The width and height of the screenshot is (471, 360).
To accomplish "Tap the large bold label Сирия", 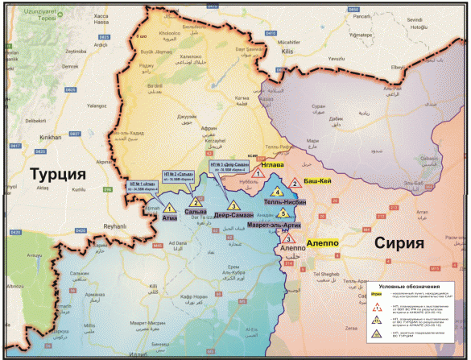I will pos(399,243).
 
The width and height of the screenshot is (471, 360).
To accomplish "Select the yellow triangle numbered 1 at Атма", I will pos(170,209).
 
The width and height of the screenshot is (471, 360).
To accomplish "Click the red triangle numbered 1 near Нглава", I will pos(258,172).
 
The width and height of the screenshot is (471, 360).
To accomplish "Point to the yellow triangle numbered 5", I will pos(283,213).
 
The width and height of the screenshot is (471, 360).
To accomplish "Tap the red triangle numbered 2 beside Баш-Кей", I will pos(295,184).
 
